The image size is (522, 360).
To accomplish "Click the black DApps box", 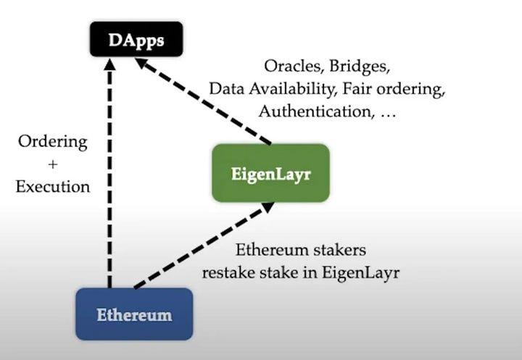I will [x=136, y=40].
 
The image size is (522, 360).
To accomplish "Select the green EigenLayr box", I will [x=270, y=173].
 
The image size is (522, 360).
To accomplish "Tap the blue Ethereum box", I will [x=134, y=314].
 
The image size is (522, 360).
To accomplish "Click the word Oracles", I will [x=294, y=66].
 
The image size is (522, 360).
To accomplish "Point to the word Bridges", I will [x=360, y=66].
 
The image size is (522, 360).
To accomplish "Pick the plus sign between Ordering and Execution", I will [x=52, y=164].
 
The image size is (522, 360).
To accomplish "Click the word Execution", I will [x=52, y=186].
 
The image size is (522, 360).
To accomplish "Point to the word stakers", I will [x=337, y=250].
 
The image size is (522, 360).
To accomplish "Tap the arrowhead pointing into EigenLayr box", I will [x=266, y=207].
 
